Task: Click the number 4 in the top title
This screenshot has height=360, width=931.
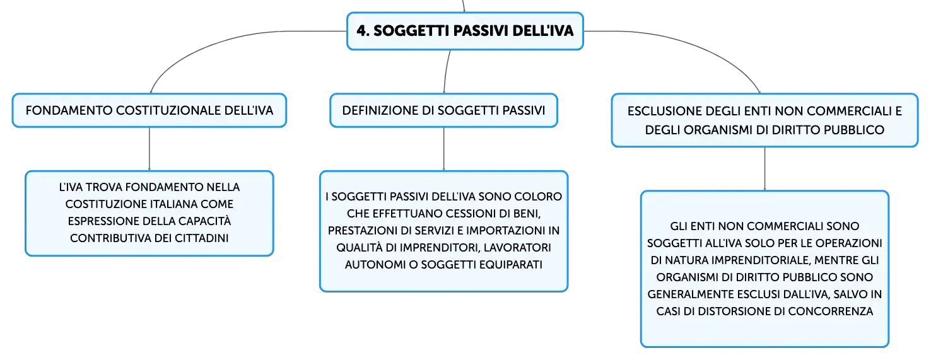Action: [x=363, y=31]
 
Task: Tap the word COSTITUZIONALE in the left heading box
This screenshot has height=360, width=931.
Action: [x=168, y=110]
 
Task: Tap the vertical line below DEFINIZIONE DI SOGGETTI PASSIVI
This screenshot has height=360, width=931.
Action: [x=444, y=149]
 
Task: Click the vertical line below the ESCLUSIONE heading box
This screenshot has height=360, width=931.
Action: [x=764, y=168]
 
